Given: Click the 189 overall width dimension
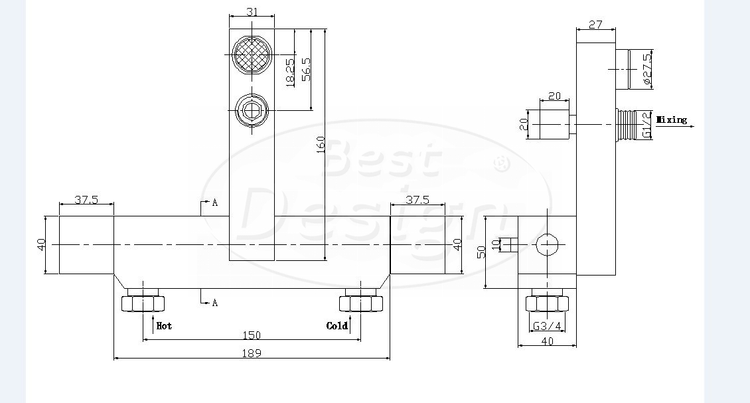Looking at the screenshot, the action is pyautogui.click(x=252, y=353).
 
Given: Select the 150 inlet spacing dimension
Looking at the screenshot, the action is pyautogui.click(x=252, y=335).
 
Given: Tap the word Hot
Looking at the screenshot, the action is pyautogui.click(x=164, y=326).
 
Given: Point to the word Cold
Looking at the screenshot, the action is pyautogui.click(x=337, y=326).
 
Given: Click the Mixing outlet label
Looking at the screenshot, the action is pyautogui.click(x=672, y=120).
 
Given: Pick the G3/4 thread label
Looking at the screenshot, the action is pyautogui.click(x=547, y=327).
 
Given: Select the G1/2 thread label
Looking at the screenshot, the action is pyautogui.click(x=646, y=125).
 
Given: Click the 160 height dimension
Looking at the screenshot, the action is pyautogui.click(x=321, y=145).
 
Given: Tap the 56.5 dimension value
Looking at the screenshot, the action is pyautogui.click(x=306, y=70).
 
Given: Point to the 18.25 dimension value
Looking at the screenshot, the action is pyautogui.click(x=290, y=73).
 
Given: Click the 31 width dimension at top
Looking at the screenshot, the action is pyautogui.click(x=252, y=12).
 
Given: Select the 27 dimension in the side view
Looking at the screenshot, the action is pyautogui.click(x=595, y=25).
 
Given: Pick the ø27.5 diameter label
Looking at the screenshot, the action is pyautogui.click(x=646, y=70).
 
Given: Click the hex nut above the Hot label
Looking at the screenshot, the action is pyautogui.click(x=143, y=303).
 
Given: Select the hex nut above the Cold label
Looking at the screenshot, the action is pyautogui.click(x=361, y=303).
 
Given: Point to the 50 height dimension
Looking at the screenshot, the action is pyautogui.click(x=481, y=252).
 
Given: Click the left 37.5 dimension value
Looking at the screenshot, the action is pyautogui.click(x=86, y=199).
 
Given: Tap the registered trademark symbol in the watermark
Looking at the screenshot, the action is pyautogui.click(x=501, y=163).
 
